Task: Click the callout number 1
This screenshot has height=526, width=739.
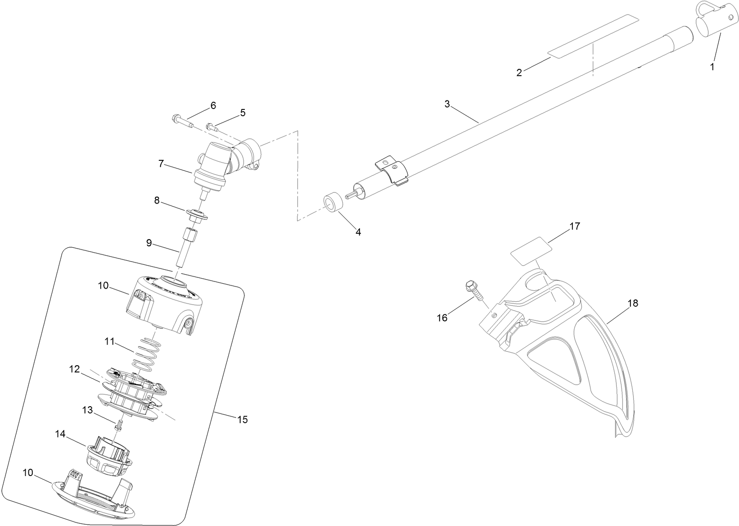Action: tap(712, 67)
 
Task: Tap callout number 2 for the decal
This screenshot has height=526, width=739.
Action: tap(519, 73)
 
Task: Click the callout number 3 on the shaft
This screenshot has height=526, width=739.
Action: tap(447, 104)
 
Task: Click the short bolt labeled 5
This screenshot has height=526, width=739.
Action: tap(211, 127)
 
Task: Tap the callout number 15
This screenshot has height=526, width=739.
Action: tap(242, 420)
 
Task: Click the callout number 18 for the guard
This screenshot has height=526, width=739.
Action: tap(632, 304)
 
